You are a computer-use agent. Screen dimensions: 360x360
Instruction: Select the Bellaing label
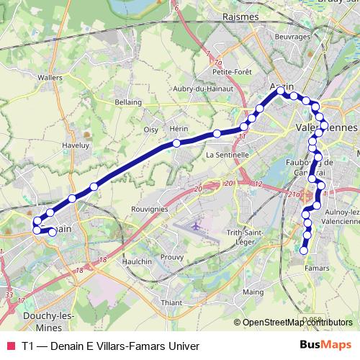point(129,102)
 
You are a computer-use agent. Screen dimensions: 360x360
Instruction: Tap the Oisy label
point(150,130)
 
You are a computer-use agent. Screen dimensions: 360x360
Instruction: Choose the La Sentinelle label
point(227,154)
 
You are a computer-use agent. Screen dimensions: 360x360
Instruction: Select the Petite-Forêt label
point(233,71)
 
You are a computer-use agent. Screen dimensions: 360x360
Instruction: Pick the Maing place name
point(253,292)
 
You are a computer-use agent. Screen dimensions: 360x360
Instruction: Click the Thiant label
point(171,303)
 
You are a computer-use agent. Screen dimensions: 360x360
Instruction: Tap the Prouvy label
point(171,257)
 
